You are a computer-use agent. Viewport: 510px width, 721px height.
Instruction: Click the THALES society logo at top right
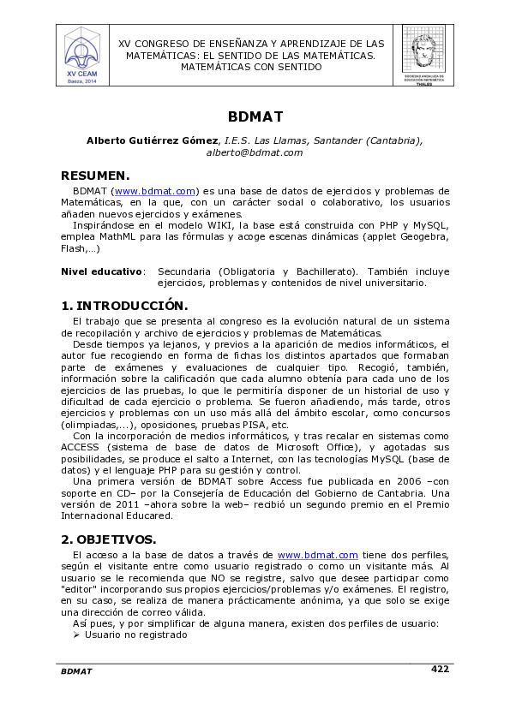[423, 55]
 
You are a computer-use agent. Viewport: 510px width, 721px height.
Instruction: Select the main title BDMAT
[255, 116]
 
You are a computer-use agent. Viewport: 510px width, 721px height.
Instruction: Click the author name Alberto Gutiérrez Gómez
[153, 140]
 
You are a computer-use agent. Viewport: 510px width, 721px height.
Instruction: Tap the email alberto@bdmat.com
[255, 152]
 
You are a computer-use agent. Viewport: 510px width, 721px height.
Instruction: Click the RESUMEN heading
[94, 176]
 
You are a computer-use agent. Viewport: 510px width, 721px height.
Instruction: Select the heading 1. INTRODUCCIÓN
[124, 306]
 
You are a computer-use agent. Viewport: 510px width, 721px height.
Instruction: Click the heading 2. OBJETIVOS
[108, 539]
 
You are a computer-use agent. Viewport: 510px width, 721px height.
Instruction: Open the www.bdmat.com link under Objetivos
[317, 556]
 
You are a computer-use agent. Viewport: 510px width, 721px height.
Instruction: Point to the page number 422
[440, 669]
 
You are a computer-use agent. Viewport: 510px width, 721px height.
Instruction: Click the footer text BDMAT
[76, 671]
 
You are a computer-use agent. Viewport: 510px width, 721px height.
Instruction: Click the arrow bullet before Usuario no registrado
[76, 635]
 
